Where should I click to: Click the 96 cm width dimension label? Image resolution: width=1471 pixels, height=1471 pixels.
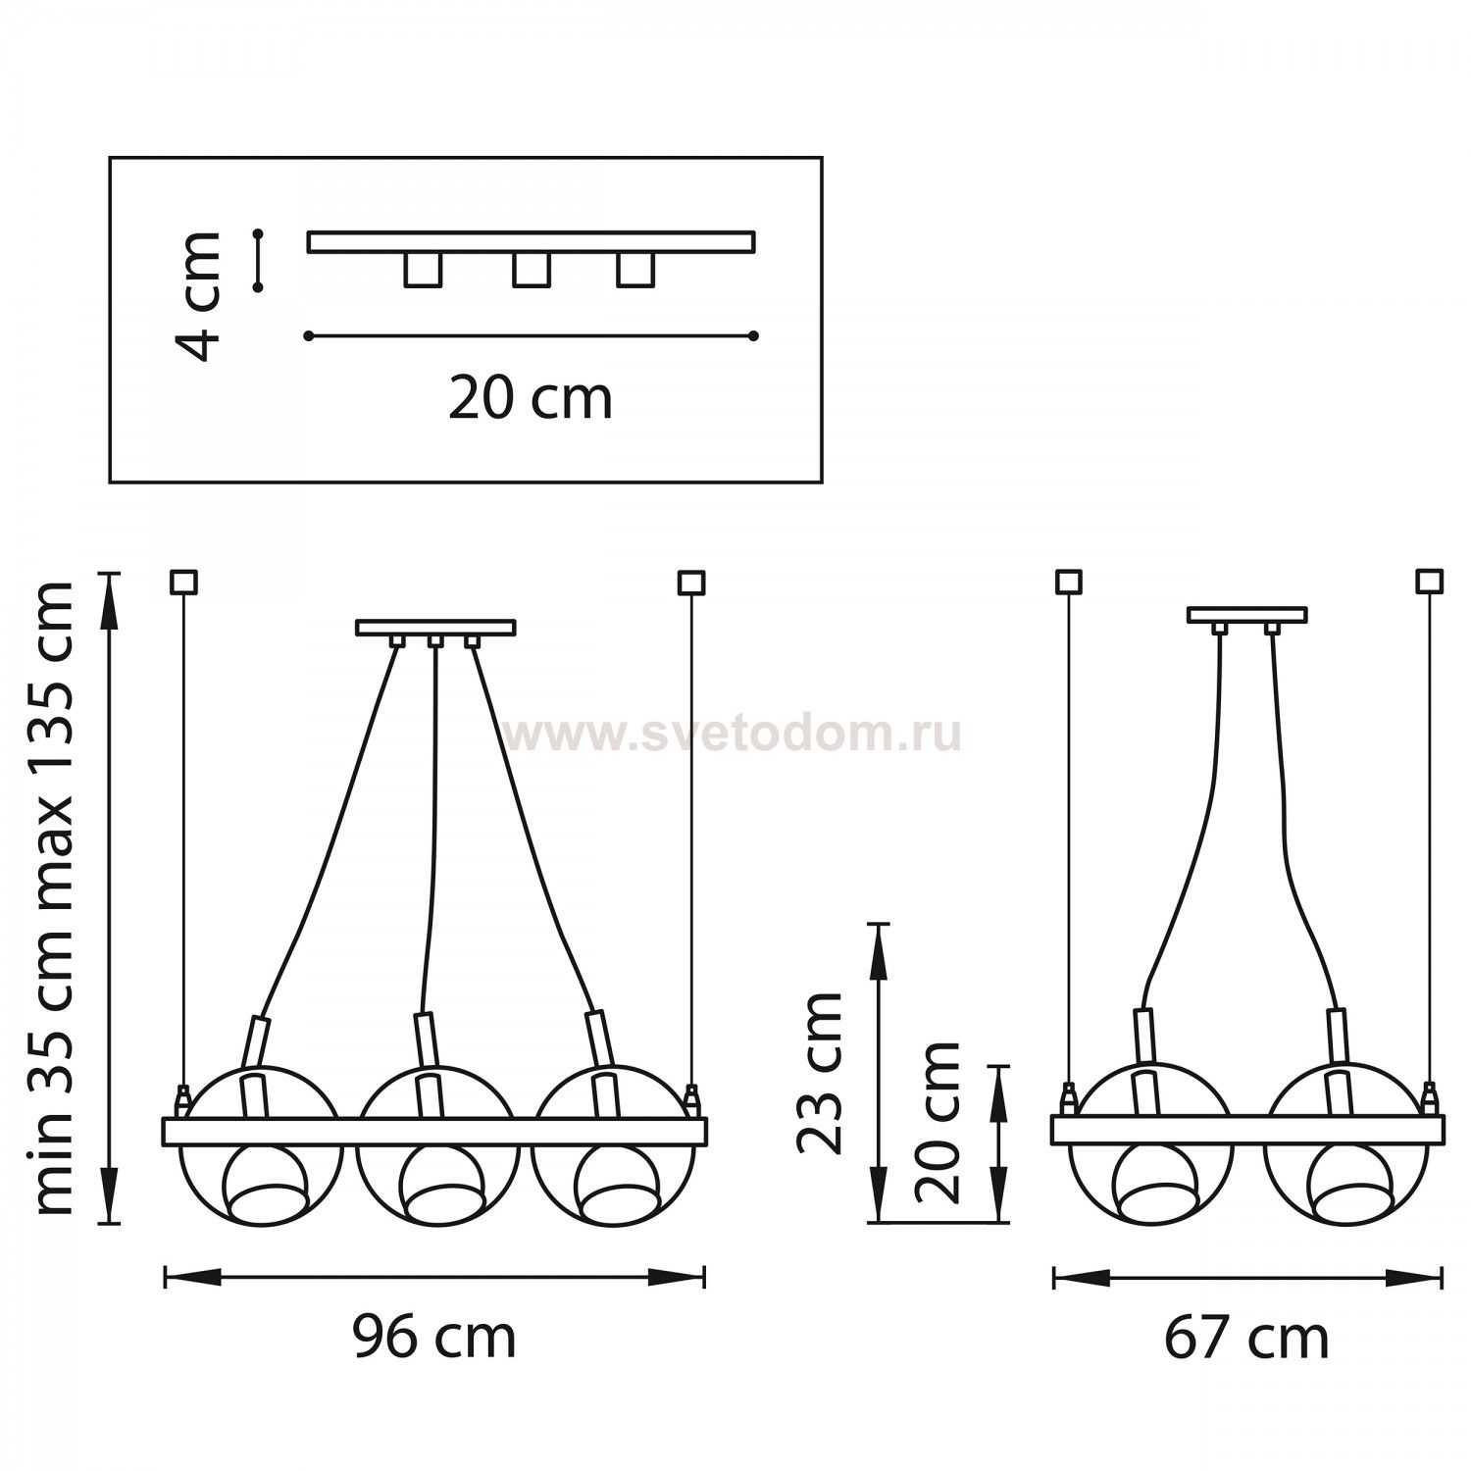[x=434, y=1337]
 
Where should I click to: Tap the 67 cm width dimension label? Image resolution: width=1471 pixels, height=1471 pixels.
[x=1246, y=1337]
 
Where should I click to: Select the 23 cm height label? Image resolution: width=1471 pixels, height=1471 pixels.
[x=820, y=1073]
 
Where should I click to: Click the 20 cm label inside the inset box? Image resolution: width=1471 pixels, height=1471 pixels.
[x=531, y=399]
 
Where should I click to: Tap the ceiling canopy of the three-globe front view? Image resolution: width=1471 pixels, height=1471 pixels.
[x=435, y=628]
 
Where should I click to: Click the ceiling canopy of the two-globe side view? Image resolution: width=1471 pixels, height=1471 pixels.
[x=1246, y=615]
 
